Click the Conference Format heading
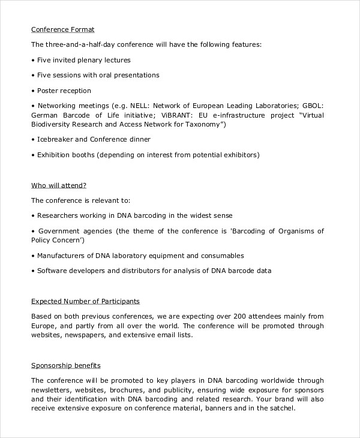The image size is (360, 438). (x=63, y=29)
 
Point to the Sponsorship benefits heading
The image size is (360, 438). (x=66, y=365)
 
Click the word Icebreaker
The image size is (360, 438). (x=54, y=139)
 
